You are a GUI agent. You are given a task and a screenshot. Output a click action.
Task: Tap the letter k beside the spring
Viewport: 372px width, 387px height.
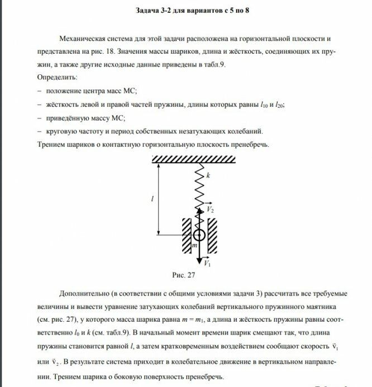[x=208, y=175]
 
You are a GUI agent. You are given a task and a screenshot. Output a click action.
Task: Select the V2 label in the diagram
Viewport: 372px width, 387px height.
[x=211, y=209]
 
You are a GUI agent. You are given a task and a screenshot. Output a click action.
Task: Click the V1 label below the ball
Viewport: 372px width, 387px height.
[x=207, y=262]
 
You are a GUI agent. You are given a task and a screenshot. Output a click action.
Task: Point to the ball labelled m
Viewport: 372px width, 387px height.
[x=199, y=234]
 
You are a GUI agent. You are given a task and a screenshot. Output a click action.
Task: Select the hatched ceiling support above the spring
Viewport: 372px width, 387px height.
[x=199, y=159]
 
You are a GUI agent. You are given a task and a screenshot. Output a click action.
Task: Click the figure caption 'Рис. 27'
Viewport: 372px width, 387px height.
[x=184, y=275]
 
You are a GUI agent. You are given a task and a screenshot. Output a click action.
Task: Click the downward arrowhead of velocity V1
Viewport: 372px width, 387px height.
[x=199, y=260]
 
